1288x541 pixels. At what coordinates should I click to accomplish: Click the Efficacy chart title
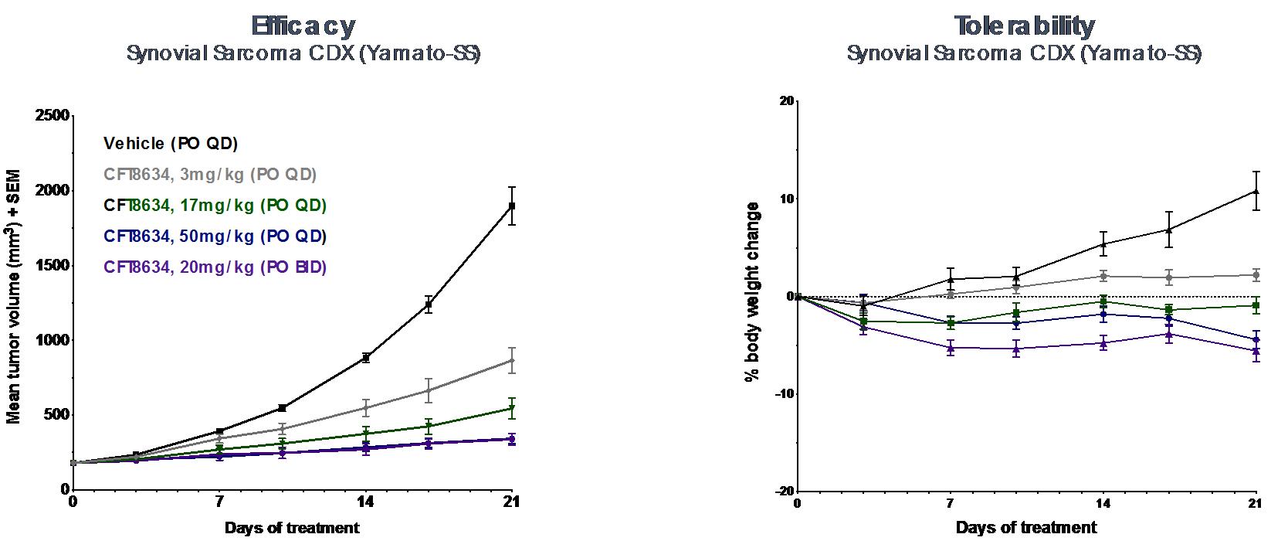[x=303, y=26]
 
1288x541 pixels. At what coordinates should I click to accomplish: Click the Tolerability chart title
[x=1024, y=26]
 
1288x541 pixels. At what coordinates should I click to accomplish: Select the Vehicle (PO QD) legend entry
[x=171, y=144]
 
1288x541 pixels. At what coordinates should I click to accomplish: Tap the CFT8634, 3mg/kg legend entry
[x=210, y=175]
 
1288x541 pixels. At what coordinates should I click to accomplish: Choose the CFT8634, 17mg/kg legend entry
[x=215, y=206]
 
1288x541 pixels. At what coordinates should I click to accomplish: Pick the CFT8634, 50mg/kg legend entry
[x=215, y=236]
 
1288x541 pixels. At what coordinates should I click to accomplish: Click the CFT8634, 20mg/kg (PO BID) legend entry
[x=215, y=267]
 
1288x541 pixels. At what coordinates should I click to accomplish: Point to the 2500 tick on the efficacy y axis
[x=54, y=116]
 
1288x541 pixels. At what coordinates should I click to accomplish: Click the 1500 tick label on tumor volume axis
[x=54, y=265]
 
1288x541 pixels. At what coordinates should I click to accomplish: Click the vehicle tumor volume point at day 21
[x=511, y=206]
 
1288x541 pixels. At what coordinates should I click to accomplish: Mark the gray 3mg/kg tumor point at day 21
[x=511, y=360]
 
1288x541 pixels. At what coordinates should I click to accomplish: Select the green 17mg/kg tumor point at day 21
[x=511, y=408]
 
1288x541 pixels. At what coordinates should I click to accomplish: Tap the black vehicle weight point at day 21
[x=1256, y=191]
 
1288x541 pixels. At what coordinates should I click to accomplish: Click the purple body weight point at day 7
[x=951, y=348]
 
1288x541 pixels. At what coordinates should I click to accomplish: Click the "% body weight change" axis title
[x=751, y=291]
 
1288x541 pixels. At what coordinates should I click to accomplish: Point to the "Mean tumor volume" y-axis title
[x=14, y=297]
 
